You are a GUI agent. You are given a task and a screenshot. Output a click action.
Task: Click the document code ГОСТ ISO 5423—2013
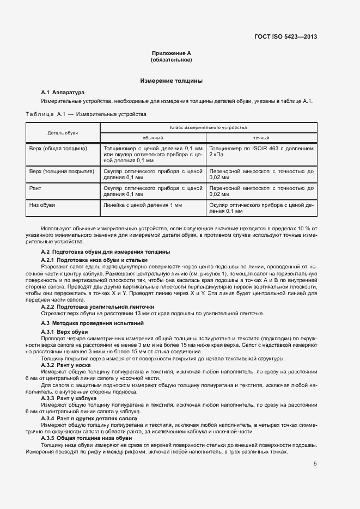(x=285, y=38)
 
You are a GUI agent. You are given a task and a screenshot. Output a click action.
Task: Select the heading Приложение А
(x=172, y=53)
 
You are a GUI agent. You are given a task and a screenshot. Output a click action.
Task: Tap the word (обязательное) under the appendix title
(x=172, y=59)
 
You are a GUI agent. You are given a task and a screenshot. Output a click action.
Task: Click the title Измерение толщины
(x=172, y=81)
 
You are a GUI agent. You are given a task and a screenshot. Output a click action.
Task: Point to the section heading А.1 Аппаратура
(x=63, y=93)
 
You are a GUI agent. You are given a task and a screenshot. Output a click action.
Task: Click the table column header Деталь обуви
(x=63, y=132)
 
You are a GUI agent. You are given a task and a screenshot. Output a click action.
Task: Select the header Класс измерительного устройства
(x=209, y=127)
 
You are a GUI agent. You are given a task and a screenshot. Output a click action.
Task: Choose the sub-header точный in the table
(x=261, y=138)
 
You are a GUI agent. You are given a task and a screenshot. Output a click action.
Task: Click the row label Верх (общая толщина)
(x=58, y=148)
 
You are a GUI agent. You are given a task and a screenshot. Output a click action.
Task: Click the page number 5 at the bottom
(x=315, y=464)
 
